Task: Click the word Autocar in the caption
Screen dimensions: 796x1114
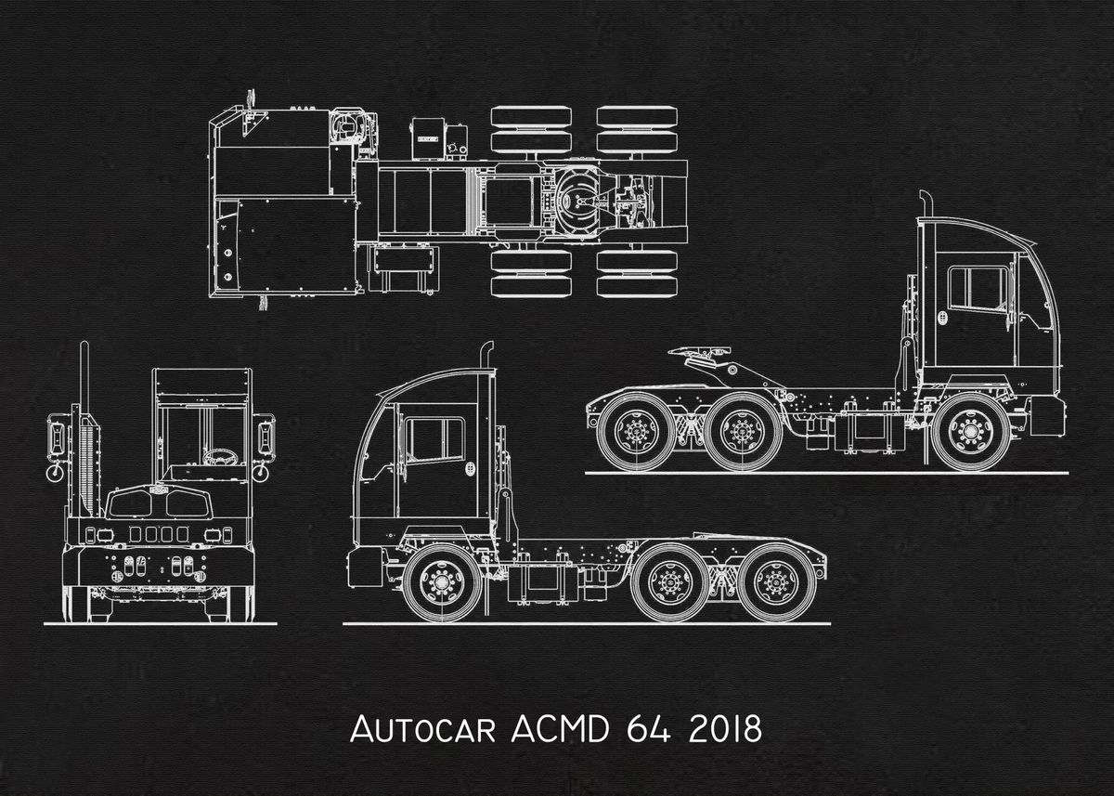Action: tap(423, 729)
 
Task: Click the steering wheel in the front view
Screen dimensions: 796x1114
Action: tap(218, 457)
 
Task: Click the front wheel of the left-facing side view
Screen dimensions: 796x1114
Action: tap(442, 583)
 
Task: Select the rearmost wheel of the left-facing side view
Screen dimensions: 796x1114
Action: tap(778, 582)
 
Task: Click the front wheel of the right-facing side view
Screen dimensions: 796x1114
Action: tap(971, 432)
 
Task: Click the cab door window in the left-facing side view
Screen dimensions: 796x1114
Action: tap(434, 438)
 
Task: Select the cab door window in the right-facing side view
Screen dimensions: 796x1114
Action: tap(977, 288)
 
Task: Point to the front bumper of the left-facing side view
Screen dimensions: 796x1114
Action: tap(364, 566)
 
